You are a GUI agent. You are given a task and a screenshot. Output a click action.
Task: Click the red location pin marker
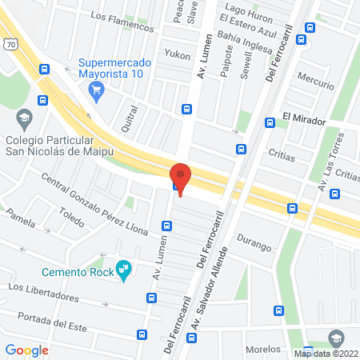[181, 178]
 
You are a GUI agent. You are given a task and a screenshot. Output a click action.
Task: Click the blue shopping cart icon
[97, 90]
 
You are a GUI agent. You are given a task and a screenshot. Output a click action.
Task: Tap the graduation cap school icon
[24, 118]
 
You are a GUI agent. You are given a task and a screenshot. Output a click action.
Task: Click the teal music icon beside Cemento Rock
[123, 270]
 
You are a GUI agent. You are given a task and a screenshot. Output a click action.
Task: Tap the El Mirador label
[304, 121]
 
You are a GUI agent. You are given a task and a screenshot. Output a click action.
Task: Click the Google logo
[27, 350]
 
